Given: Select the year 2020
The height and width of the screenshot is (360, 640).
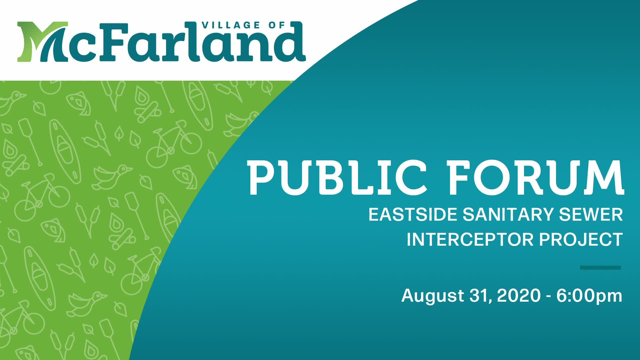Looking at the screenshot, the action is (519, 295).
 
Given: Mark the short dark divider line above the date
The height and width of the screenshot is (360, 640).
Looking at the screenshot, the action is (600, 267).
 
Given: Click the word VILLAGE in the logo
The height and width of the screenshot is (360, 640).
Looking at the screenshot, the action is (230, 25).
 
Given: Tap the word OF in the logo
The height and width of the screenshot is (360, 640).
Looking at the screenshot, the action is (277, 25).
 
